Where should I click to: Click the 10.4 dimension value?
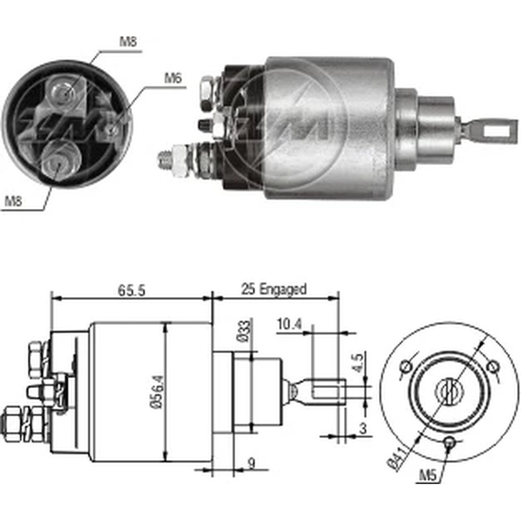click(x=289, y=324)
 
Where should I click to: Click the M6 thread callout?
click(x=172, y=79)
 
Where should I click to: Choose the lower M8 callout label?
click(x=14, y=201)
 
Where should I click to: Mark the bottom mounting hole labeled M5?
click(x=450, y=443)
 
